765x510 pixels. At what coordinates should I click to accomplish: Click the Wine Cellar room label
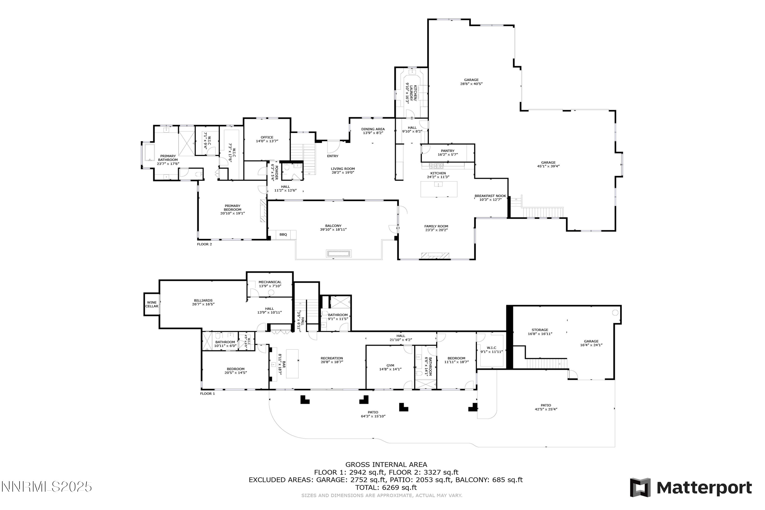[x=151, y=304]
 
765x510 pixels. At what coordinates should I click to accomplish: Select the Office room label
[x=267, y=137]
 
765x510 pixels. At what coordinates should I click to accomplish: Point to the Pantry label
[x=448, y=151]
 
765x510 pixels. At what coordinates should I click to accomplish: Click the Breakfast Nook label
[x=490, y=196]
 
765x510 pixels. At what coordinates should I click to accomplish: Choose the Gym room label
[x=390, y=365]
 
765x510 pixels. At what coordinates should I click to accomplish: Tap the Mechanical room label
[x=270, y=282]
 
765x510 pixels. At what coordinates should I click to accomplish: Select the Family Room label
[x=436, y=226]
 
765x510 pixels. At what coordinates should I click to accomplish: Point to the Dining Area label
[x=373, y=129]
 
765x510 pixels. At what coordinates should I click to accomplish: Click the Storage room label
[x=540, y=330]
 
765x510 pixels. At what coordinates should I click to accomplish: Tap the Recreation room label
[x=332, y=358]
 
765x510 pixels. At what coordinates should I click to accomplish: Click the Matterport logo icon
[x=640, y=488]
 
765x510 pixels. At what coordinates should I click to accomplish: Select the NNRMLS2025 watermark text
[x=46, y=487]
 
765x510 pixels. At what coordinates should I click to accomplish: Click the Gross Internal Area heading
[x=386, y=465]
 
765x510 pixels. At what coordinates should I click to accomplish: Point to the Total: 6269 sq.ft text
[x=386, y=488]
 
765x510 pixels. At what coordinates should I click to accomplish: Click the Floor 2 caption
[x=204, y=244]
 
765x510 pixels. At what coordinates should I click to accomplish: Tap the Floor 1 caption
[x=208, y=393]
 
